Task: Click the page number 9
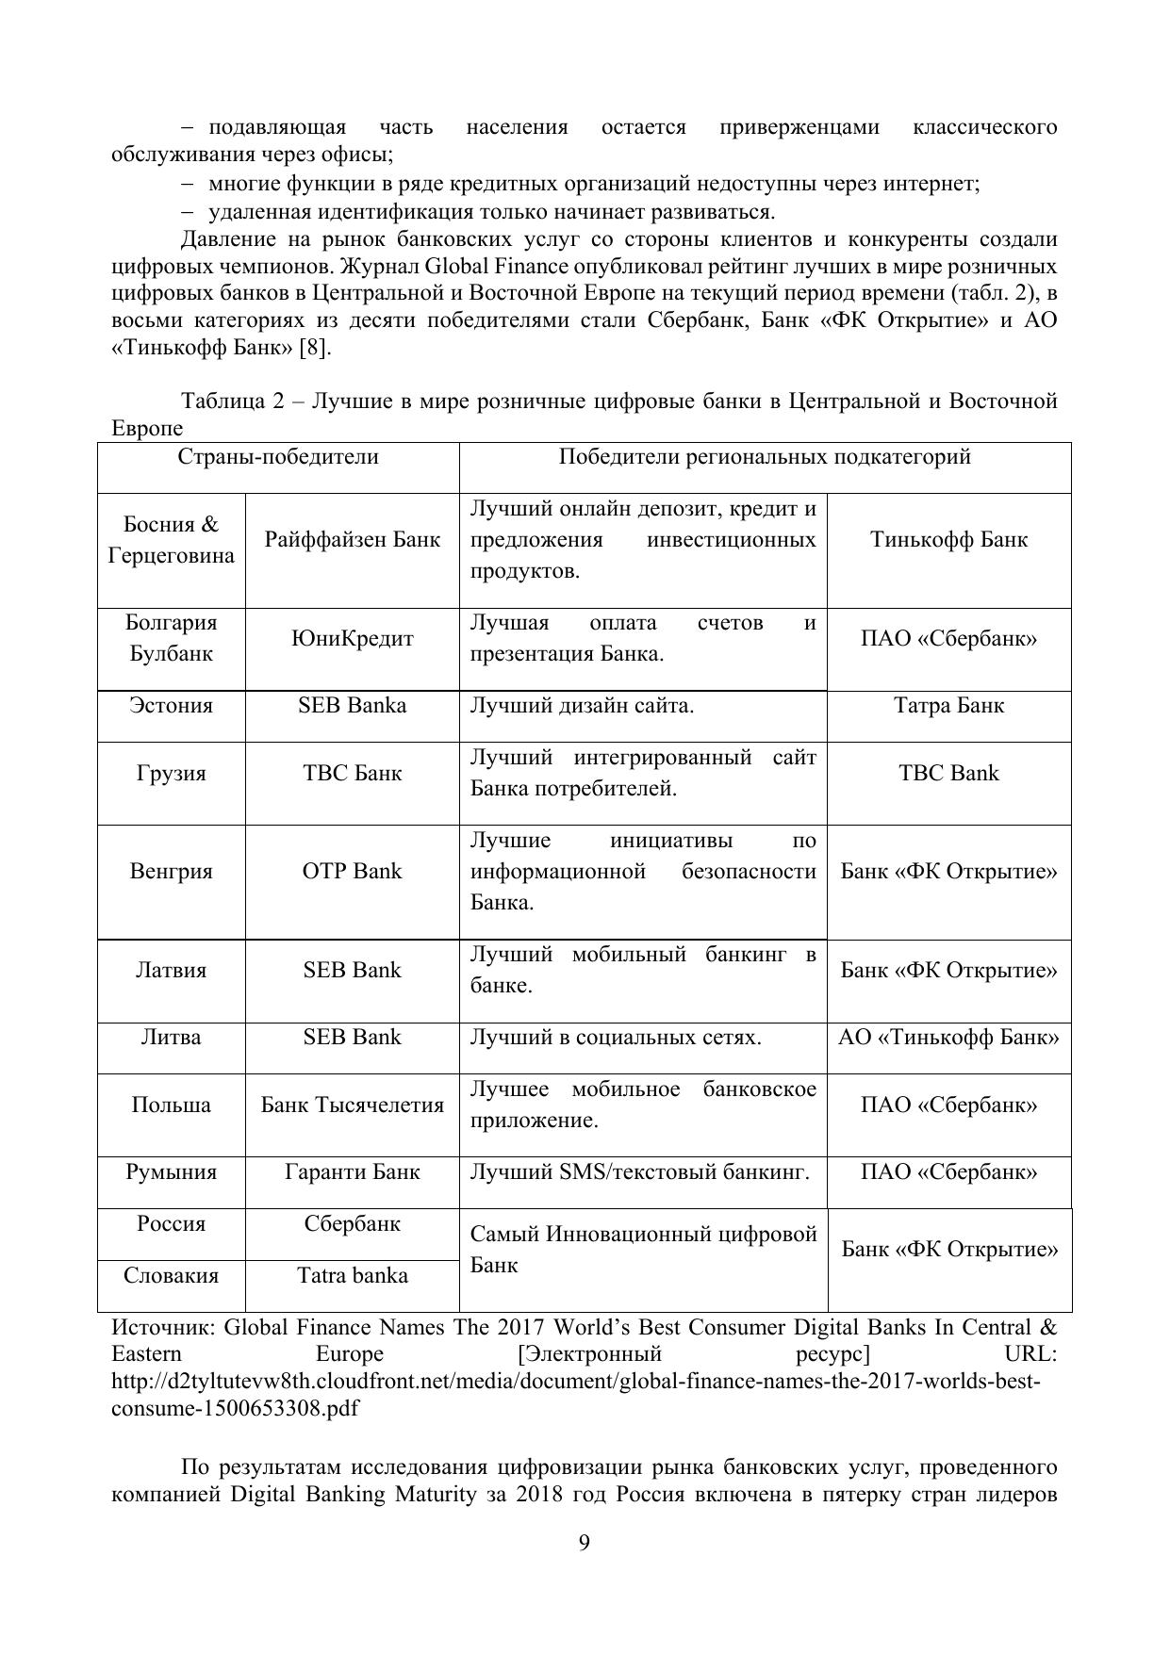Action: point(585,1543)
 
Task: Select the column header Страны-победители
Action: point(278,457)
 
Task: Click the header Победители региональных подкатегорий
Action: point(765,457)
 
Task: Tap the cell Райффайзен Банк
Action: point(353,540)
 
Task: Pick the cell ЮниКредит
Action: point(353,639)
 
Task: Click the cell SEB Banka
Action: point(353,706)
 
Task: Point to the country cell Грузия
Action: point(171,774)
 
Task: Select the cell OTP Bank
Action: point(353,871)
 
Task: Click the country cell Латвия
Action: point(171,971)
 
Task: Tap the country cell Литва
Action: point(171,1038)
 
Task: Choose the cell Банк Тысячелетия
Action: point(353,1105)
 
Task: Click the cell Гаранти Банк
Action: point(353,1172)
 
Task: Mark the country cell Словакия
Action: point(171,1276)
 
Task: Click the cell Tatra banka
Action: point(353,1276)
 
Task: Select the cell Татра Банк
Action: point(948,706)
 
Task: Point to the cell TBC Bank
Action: point(948,774)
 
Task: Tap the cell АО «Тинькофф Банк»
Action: point(948,1038)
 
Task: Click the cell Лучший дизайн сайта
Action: point(582,706)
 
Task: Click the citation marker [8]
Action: point(315,348)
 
